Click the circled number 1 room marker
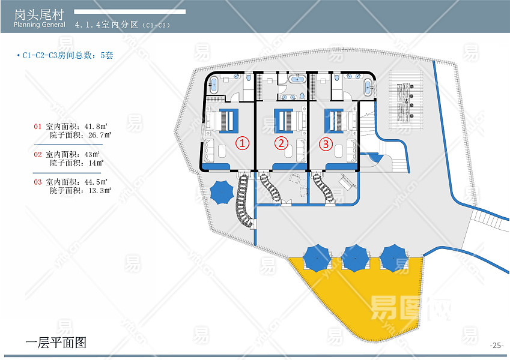(241, 143)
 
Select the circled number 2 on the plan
(281, 143)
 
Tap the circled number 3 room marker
(325, 143)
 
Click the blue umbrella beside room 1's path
(222, 192)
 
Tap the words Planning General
(40, 25)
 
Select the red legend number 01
(38, 127)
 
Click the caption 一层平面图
(56, 343)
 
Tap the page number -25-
(496, 345)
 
